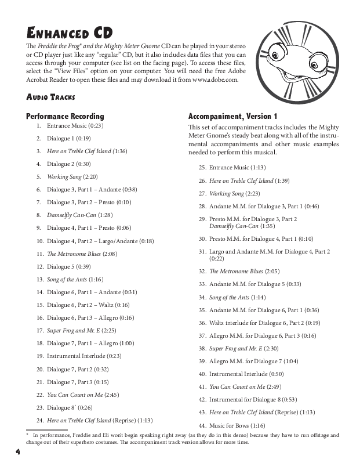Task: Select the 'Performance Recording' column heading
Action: pyautogui.click(x=66, y=116)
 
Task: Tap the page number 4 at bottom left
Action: pyautogui.click(x=18, y=450)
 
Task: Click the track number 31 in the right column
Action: pyautogui.click(x=202, y=251)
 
